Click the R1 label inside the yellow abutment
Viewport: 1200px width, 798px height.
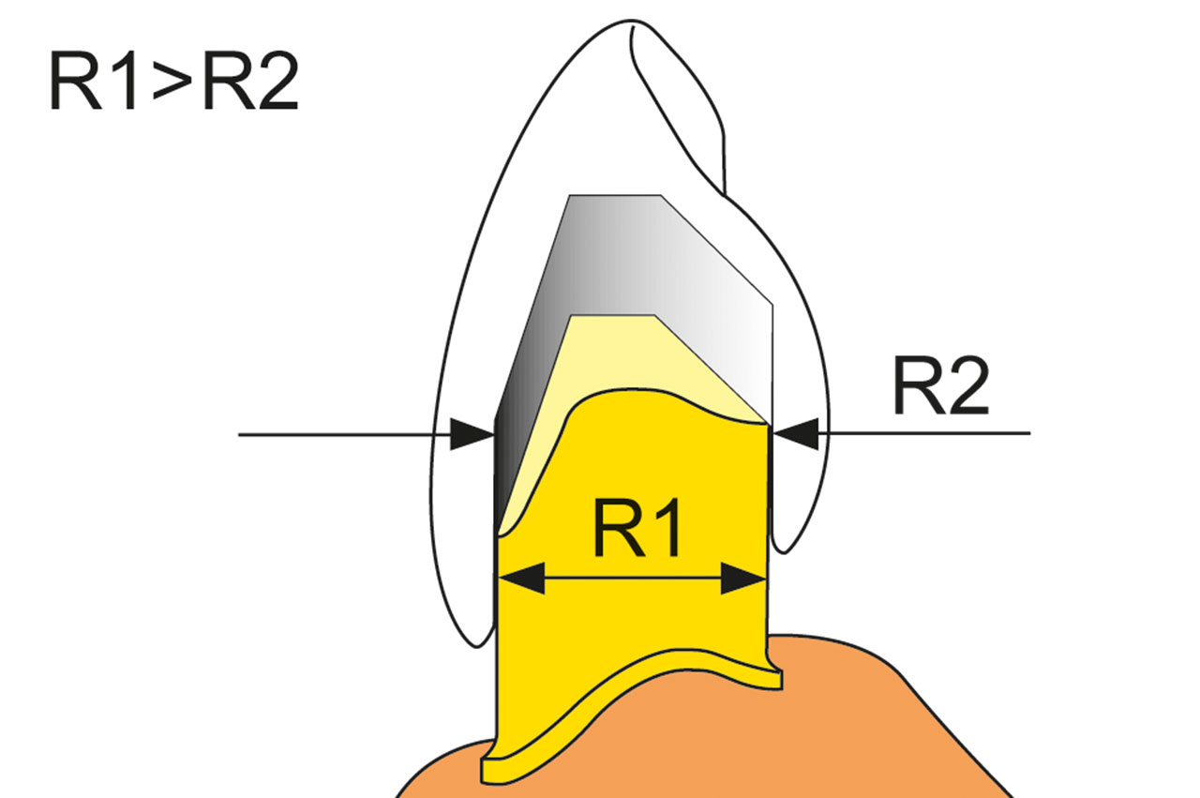click(637, 529)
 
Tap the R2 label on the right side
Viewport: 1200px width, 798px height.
click(940, 385)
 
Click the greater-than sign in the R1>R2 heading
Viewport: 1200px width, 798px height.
click(172, 81)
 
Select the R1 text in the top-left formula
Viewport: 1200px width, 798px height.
click(93, 81)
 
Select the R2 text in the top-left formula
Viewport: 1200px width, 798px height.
click(250, 81)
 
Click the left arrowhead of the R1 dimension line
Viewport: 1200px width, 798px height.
click(522, 578)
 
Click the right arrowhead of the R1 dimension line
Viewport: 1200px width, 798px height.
click(743, 578)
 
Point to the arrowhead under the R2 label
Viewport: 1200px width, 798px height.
click(795, 433)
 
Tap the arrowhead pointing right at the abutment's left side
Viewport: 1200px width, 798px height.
click(472, 435)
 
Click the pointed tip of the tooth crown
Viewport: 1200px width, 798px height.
click(631, 22)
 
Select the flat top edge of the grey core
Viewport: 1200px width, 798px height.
click(615, 196)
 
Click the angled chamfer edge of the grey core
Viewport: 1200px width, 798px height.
click(717, 249)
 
